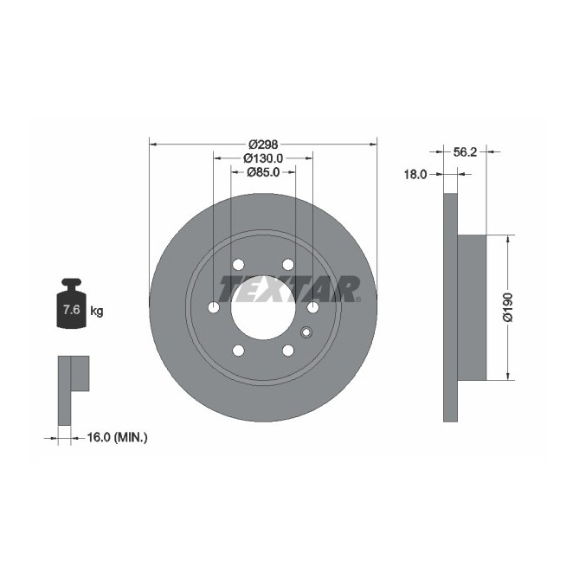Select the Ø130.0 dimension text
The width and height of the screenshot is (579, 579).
point(263,158)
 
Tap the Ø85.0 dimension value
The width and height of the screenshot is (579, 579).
point(263,172)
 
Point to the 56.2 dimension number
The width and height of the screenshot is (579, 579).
point(466,152)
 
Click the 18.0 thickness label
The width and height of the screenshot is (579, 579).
point(416,174)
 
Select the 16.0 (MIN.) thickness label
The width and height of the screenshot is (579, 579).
point(118,438)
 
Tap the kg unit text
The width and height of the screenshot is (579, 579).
point(97,311)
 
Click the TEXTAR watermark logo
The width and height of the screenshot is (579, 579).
point(289,288)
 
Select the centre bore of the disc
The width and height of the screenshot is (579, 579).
point(263,307)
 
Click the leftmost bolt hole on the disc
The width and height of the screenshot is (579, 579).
point(214,307)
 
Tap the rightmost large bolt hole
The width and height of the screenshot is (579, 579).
point(312,307)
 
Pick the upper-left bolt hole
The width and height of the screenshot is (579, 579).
point(238,265)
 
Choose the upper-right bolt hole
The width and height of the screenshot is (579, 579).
point(288,265)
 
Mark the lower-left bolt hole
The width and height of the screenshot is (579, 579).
point(238,350)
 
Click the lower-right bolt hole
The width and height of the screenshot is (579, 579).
point(288,350)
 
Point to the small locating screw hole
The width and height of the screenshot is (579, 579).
point(305,331)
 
